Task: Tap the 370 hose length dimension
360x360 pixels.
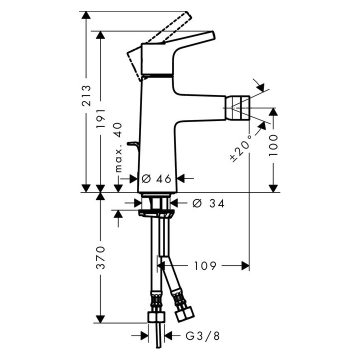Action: (x=101, y=257)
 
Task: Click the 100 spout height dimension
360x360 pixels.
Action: (x=272, y=145)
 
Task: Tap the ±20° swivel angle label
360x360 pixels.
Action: (x=240, y=149)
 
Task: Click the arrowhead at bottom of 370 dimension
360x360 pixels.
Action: (x=101, y=318)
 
